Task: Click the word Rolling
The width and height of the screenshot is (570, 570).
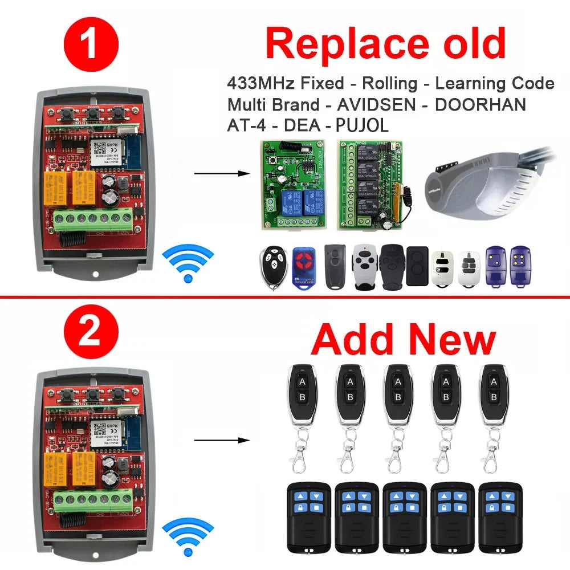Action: pos(390,83)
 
